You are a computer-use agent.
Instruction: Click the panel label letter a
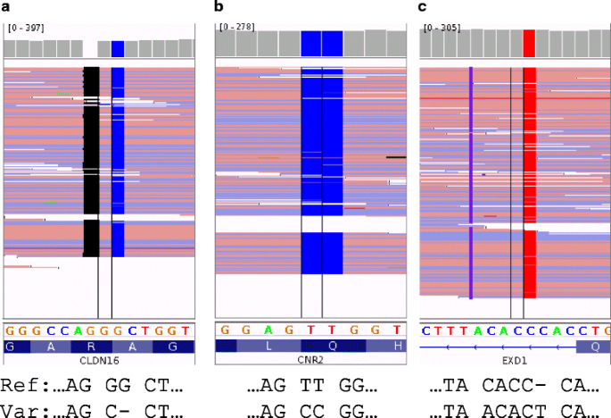(5, 7)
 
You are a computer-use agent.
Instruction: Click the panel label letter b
(219, 7)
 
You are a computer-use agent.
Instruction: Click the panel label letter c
(423, 7)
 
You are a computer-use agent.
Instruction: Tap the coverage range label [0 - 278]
(235, 27)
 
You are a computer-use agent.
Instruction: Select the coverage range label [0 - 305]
(444, 29)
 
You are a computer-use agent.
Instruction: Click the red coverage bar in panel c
(529, 42)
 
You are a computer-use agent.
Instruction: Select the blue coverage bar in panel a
(118, 48)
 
